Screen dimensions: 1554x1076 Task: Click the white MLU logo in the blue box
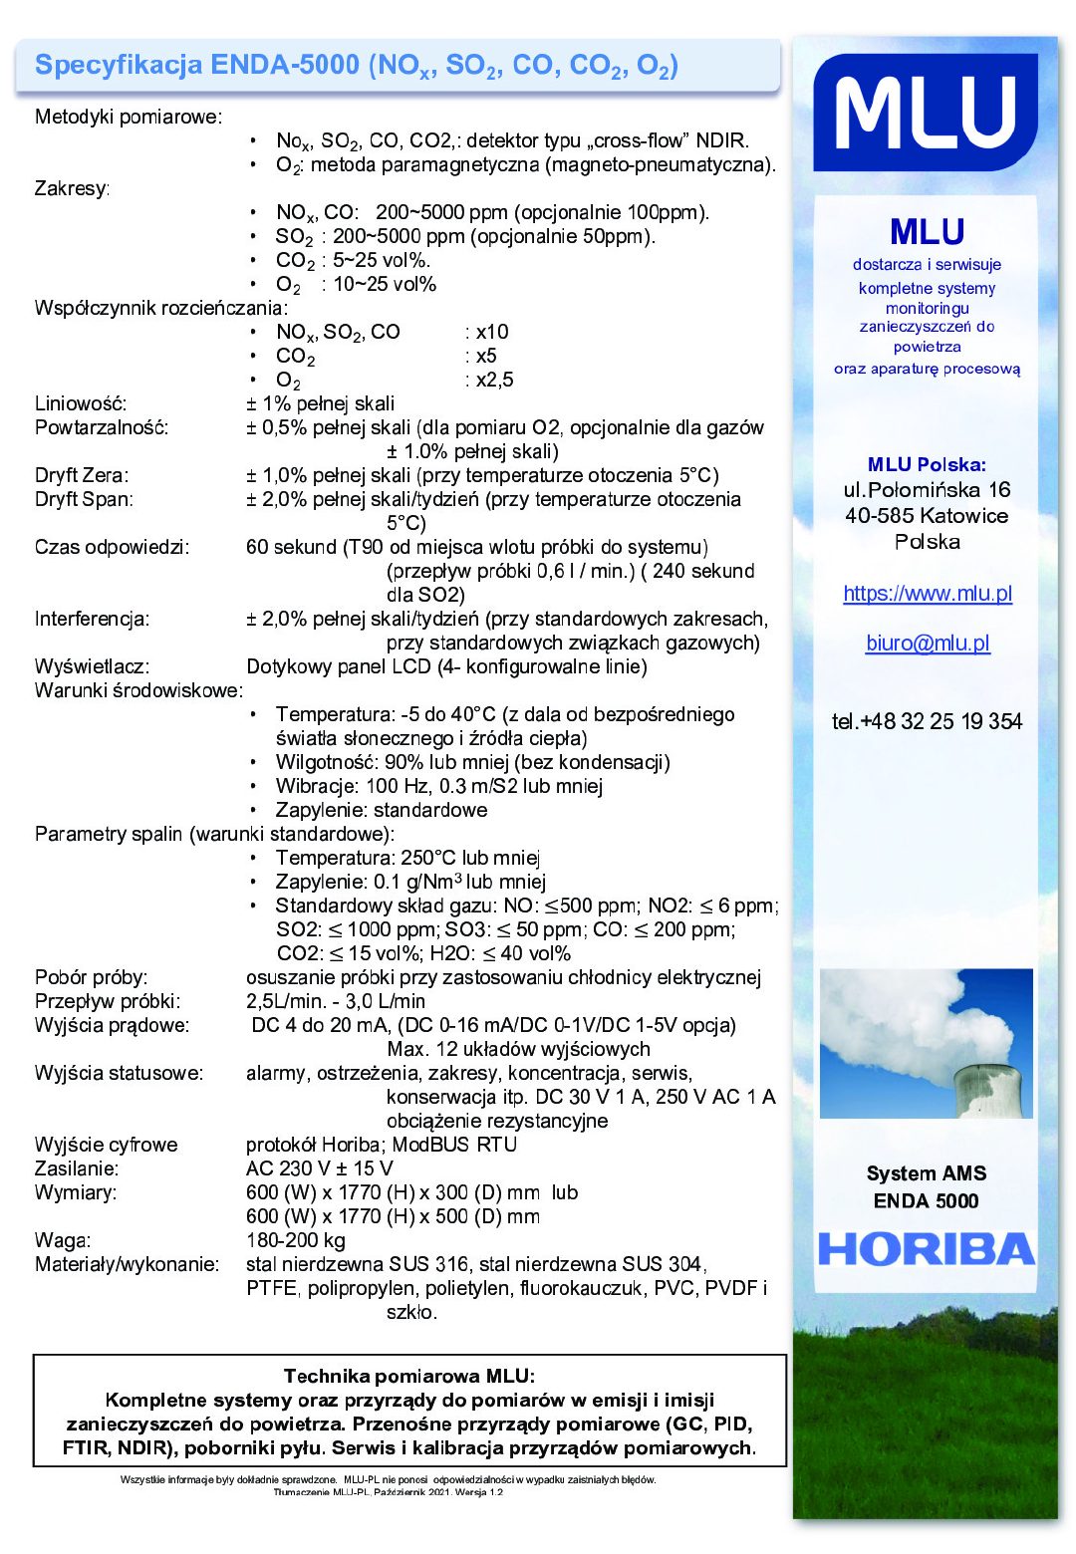[926, 113]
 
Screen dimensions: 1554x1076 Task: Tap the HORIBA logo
[927, 1249]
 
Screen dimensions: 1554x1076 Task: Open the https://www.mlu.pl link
[928, 594]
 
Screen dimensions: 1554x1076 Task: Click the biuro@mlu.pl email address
[928, 644]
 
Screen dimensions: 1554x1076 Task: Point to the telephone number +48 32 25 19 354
[927, 722]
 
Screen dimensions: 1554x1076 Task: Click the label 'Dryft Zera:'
[82, 475]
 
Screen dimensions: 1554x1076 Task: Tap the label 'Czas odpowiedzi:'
[112, 547]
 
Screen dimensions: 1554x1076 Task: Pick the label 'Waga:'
[63, 1240]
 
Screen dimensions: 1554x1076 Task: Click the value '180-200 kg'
[296, 1240]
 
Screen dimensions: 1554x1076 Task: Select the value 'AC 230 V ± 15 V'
[320, 1168]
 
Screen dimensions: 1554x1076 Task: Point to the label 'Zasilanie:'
[77, 1168]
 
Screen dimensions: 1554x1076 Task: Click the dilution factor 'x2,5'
[494, 380]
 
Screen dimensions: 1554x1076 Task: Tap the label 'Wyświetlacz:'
[92, 666]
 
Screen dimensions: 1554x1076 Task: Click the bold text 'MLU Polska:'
[927, 464]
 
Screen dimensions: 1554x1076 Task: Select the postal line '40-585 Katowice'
[927, 516]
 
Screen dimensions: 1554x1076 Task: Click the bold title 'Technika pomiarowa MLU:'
[409, 1377]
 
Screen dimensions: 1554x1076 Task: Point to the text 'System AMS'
[927, 1173]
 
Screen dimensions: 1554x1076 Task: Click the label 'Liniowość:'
[81, 403]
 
